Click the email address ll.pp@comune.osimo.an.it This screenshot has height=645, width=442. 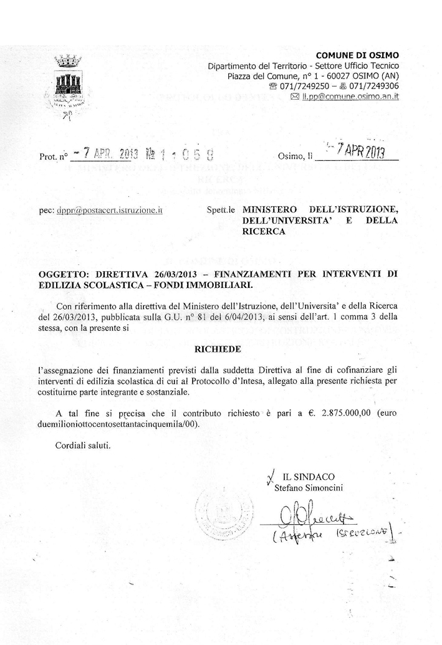351,97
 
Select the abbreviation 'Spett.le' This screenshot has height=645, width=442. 220,211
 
